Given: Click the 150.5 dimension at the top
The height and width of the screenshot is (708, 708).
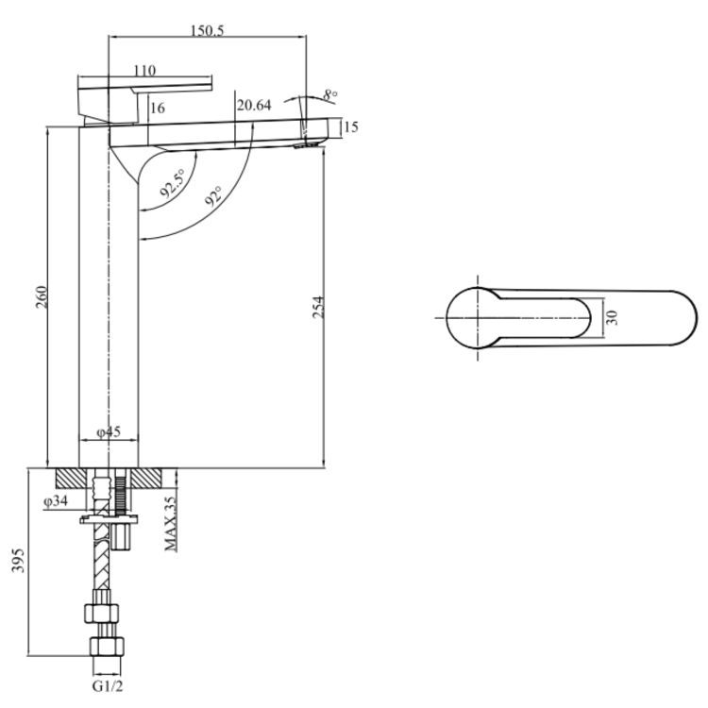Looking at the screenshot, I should pos(207,30).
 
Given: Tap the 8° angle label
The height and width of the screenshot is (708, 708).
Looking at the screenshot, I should pos(329,95).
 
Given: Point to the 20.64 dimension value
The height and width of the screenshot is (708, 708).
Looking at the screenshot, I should pos(254,106).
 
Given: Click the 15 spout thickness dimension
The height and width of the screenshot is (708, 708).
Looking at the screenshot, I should pos(350,127).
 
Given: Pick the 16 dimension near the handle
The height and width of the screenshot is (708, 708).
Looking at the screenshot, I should pos(158,109).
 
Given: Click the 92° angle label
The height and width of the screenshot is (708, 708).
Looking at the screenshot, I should pos(213,196).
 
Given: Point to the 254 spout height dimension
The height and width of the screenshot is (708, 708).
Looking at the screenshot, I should pos(319,307).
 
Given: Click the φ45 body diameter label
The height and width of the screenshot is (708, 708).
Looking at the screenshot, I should pos(109,432).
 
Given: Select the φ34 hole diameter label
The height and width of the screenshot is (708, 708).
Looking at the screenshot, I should pos(56,502).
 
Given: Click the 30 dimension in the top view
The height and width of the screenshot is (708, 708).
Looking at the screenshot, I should pos(613,317).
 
